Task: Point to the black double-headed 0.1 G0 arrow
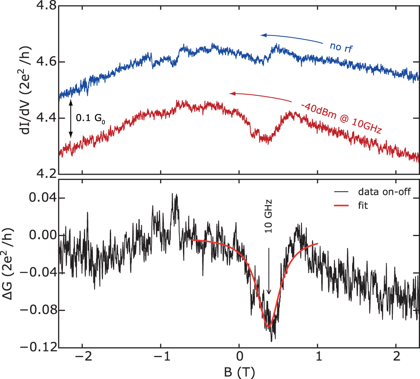(70, 118)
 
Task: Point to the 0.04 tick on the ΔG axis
(42, 198)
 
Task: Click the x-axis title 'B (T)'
(239, 372)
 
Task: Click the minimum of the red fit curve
(268, 327)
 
